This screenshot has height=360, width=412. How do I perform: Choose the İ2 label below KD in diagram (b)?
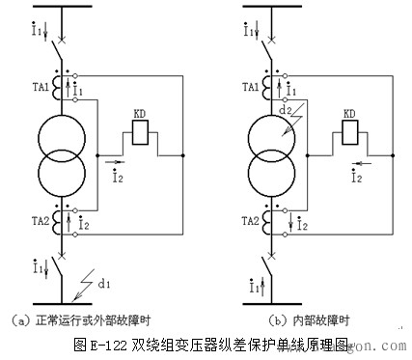click(x=354, y=177)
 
